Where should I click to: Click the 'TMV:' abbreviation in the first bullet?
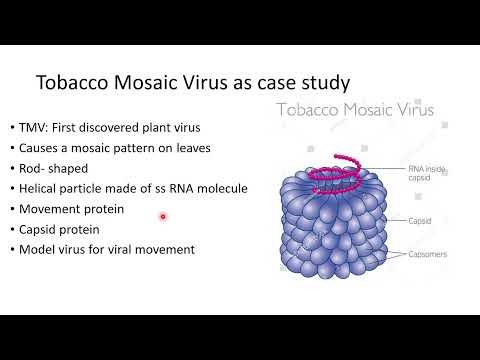pos(30,127)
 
